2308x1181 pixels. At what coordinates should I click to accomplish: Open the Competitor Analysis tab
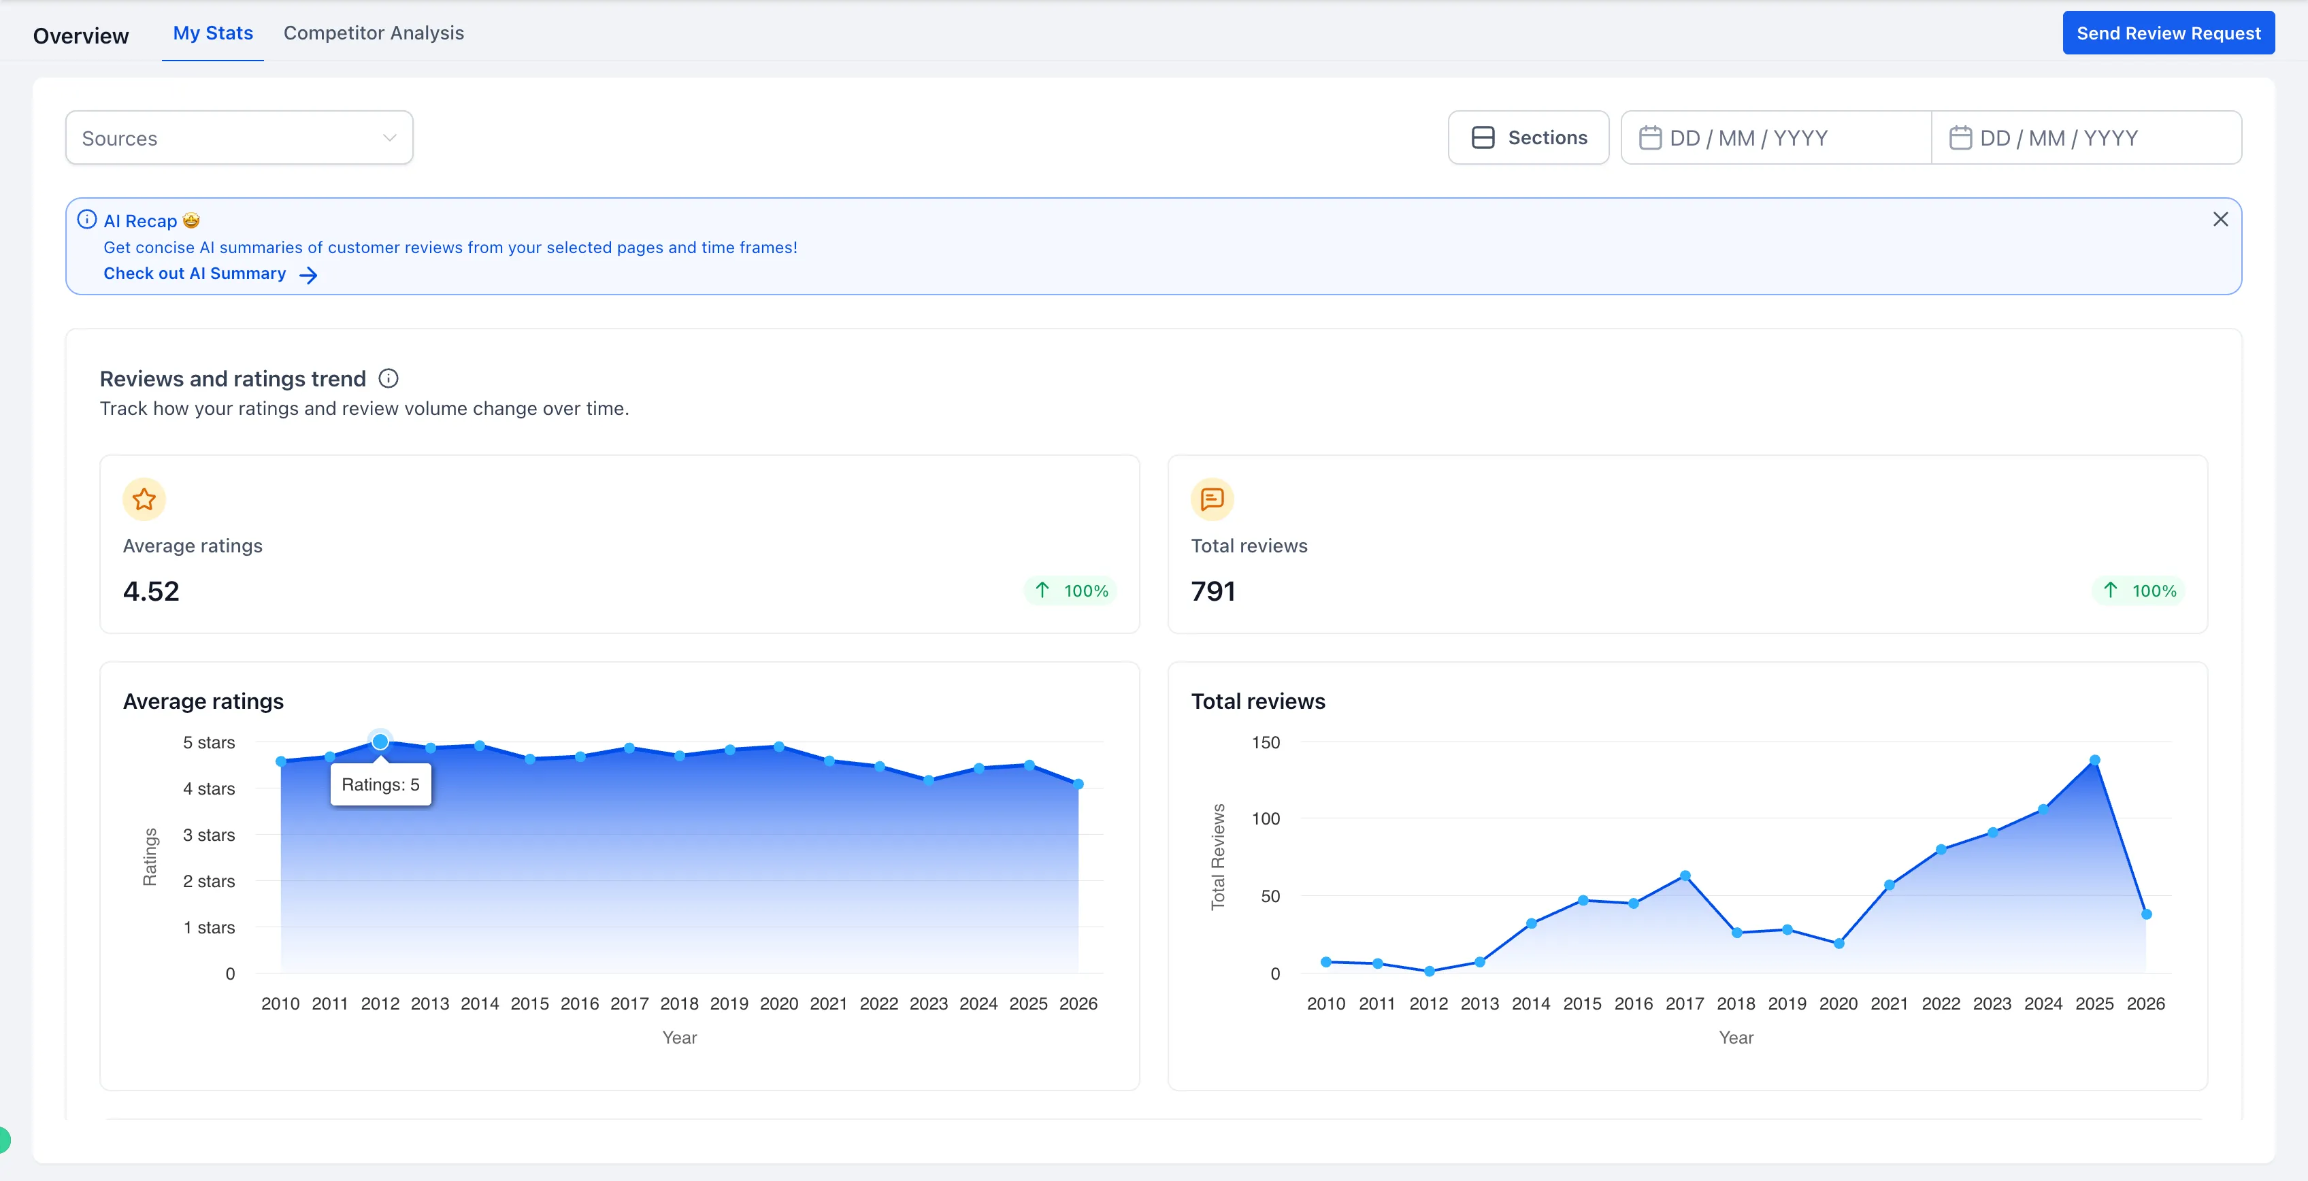coord(374,33)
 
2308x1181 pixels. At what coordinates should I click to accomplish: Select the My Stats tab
coord(212,33)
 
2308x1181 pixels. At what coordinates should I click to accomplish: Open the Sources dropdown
coord(238,138)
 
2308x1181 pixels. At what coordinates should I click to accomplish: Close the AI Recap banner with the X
coord(2220,220)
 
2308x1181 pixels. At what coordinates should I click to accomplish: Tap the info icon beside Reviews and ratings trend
coord(389,378)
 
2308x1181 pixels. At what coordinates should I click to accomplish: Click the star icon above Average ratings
coord(144,499)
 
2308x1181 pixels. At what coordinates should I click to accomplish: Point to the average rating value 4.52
coord(152,591)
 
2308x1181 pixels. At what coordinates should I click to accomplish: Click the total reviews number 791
coord(1213,591)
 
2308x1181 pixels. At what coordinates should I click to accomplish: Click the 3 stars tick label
coord(209,835)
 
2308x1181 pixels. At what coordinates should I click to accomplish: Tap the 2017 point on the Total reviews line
coord(1685,876)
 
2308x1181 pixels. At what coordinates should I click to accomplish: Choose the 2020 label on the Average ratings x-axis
coord(778,1003)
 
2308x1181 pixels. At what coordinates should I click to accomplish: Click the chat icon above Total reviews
coord(1213,499)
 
